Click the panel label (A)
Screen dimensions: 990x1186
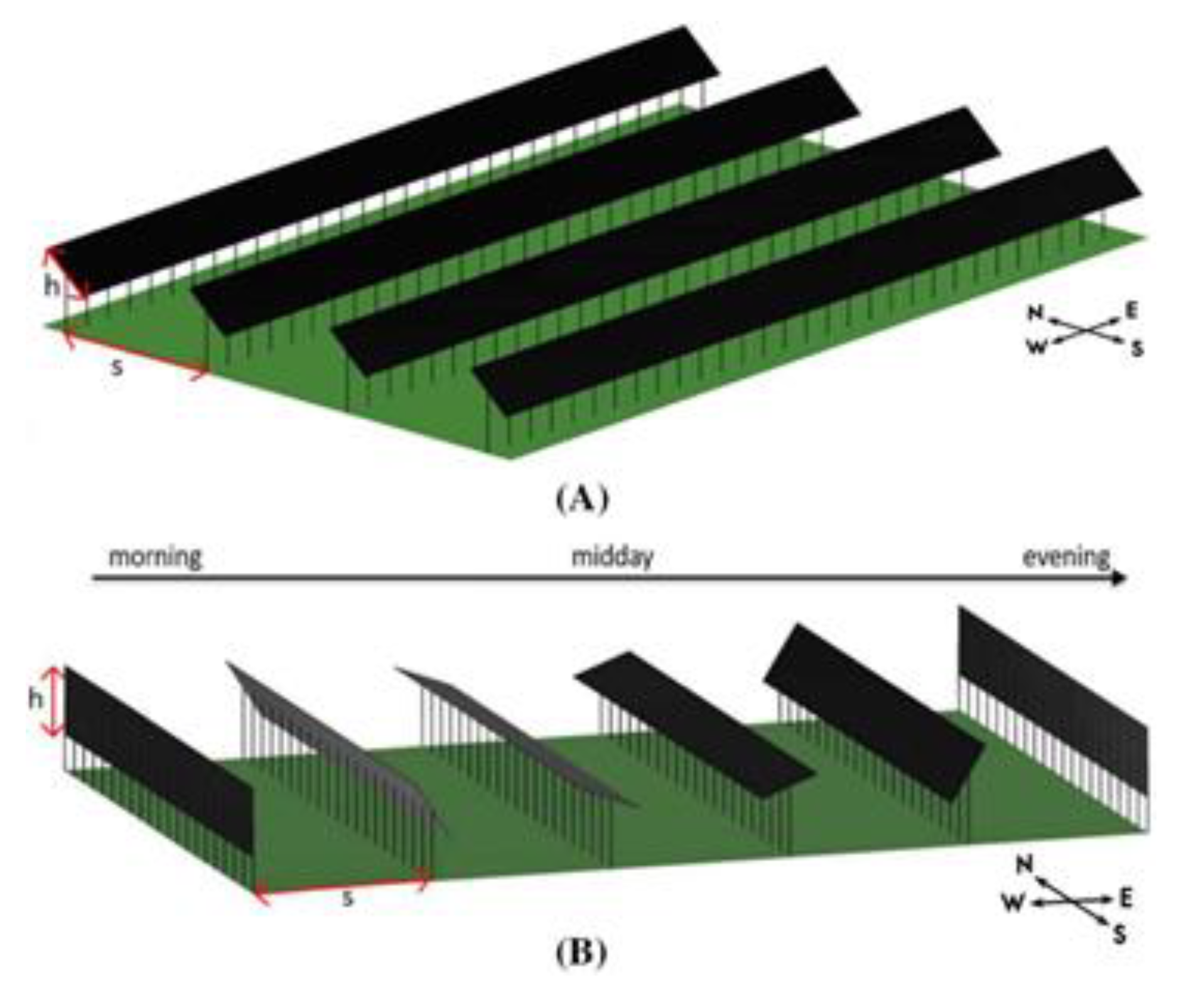(582, 499)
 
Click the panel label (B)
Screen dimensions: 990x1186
(581, 953)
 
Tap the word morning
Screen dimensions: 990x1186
(155, 557)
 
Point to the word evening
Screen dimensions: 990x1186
(1066, 557)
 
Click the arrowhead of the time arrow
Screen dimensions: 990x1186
(1119, 579)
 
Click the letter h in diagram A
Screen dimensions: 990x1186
(51, 286)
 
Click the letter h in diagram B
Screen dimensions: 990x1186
(36, 699)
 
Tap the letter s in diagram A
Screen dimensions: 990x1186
(117, 367)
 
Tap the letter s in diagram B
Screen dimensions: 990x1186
(347, 899)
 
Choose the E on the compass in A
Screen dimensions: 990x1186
(1131, 310)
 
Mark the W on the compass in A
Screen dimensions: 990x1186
(1035, 346)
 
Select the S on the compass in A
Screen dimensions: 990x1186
(1136, 349)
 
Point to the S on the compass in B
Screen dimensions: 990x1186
(1118, 936)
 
